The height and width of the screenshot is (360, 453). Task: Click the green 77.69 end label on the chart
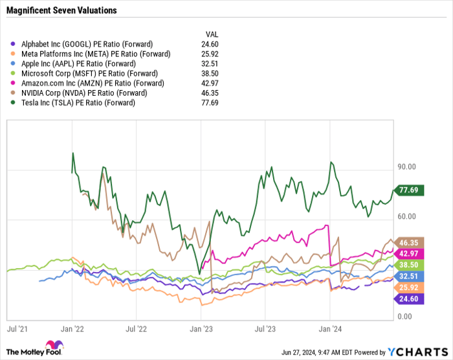pos(410,190)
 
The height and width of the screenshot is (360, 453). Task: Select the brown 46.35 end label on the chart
pos(410,242)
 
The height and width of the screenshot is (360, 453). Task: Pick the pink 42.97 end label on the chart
pos(410,253)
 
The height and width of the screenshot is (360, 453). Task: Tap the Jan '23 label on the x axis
pos(201,329)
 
